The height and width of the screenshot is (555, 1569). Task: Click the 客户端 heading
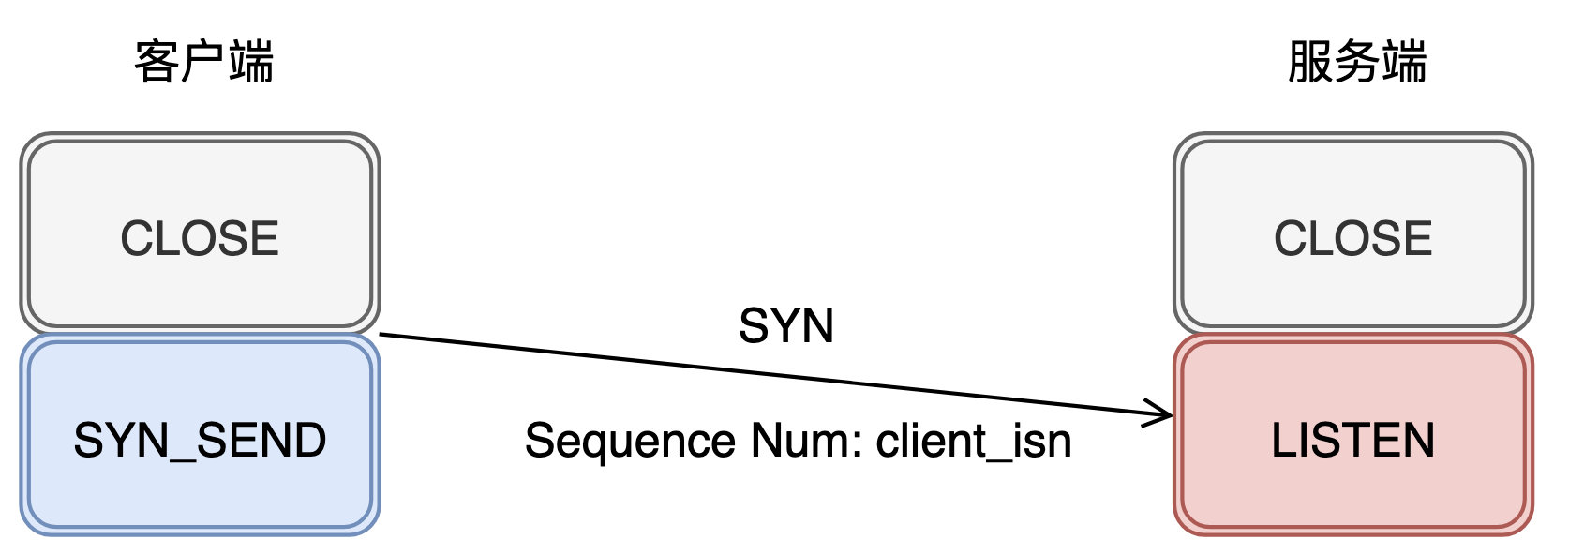(x=203, y=63)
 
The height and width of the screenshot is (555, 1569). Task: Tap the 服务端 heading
(x=1357, y=63)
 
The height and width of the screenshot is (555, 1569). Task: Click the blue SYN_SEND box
(x=201, y=435)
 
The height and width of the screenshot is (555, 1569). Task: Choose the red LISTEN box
(x=1353, y=435)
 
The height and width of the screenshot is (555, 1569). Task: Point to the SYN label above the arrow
(x=786, y=326)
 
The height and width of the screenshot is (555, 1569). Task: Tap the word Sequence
(x=630, y=442)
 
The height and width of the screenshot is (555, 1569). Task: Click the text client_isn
(x=974, y=442)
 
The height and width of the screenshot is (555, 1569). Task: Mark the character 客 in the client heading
(x=157, y=63)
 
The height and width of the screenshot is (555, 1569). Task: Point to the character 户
(x=203, y=63)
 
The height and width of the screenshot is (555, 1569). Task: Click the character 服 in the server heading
(x=1310, y=63)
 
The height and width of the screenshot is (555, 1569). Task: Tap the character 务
(x=1357, y=63)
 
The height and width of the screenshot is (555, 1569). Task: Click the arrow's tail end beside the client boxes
(x=381, y=335)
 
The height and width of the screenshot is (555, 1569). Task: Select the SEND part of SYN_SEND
(x=261, y=440)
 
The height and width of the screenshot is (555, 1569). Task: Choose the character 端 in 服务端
(x=1404, y=63)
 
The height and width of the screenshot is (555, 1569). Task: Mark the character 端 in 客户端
(x=250, y=63)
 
